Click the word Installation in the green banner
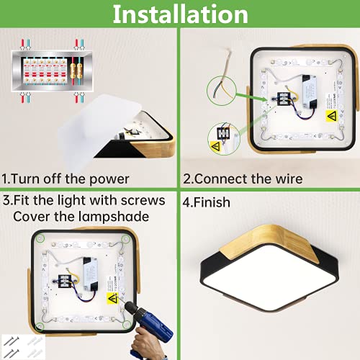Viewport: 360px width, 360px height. (x=180, y=14)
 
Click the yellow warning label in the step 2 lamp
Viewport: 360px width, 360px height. (x=332, y=116)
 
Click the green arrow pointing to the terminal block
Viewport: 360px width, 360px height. (x=251, y=96)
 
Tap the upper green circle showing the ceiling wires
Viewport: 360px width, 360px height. (x=222, y=91)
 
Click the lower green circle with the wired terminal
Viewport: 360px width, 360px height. (x=224, y=139)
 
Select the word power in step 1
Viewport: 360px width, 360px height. (x=109, y=180)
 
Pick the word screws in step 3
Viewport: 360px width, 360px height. (x=143, y=200)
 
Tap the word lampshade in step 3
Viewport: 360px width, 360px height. (x=114, y=217)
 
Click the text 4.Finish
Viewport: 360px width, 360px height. (x=206, y=202)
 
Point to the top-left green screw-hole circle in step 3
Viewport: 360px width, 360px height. (x=40, y=238)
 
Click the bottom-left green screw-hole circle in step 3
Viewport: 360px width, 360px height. (x=40, y=326)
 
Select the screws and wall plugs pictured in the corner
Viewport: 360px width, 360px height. (x=23, y=346)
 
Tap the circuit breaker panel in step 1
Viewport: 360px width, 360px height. (x=52, y=71)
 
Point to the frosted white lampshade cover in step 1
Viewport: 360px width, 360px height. (x=101, y=129)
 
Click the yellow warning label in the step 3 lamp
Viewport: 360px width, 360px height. (x=112, y=299)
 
